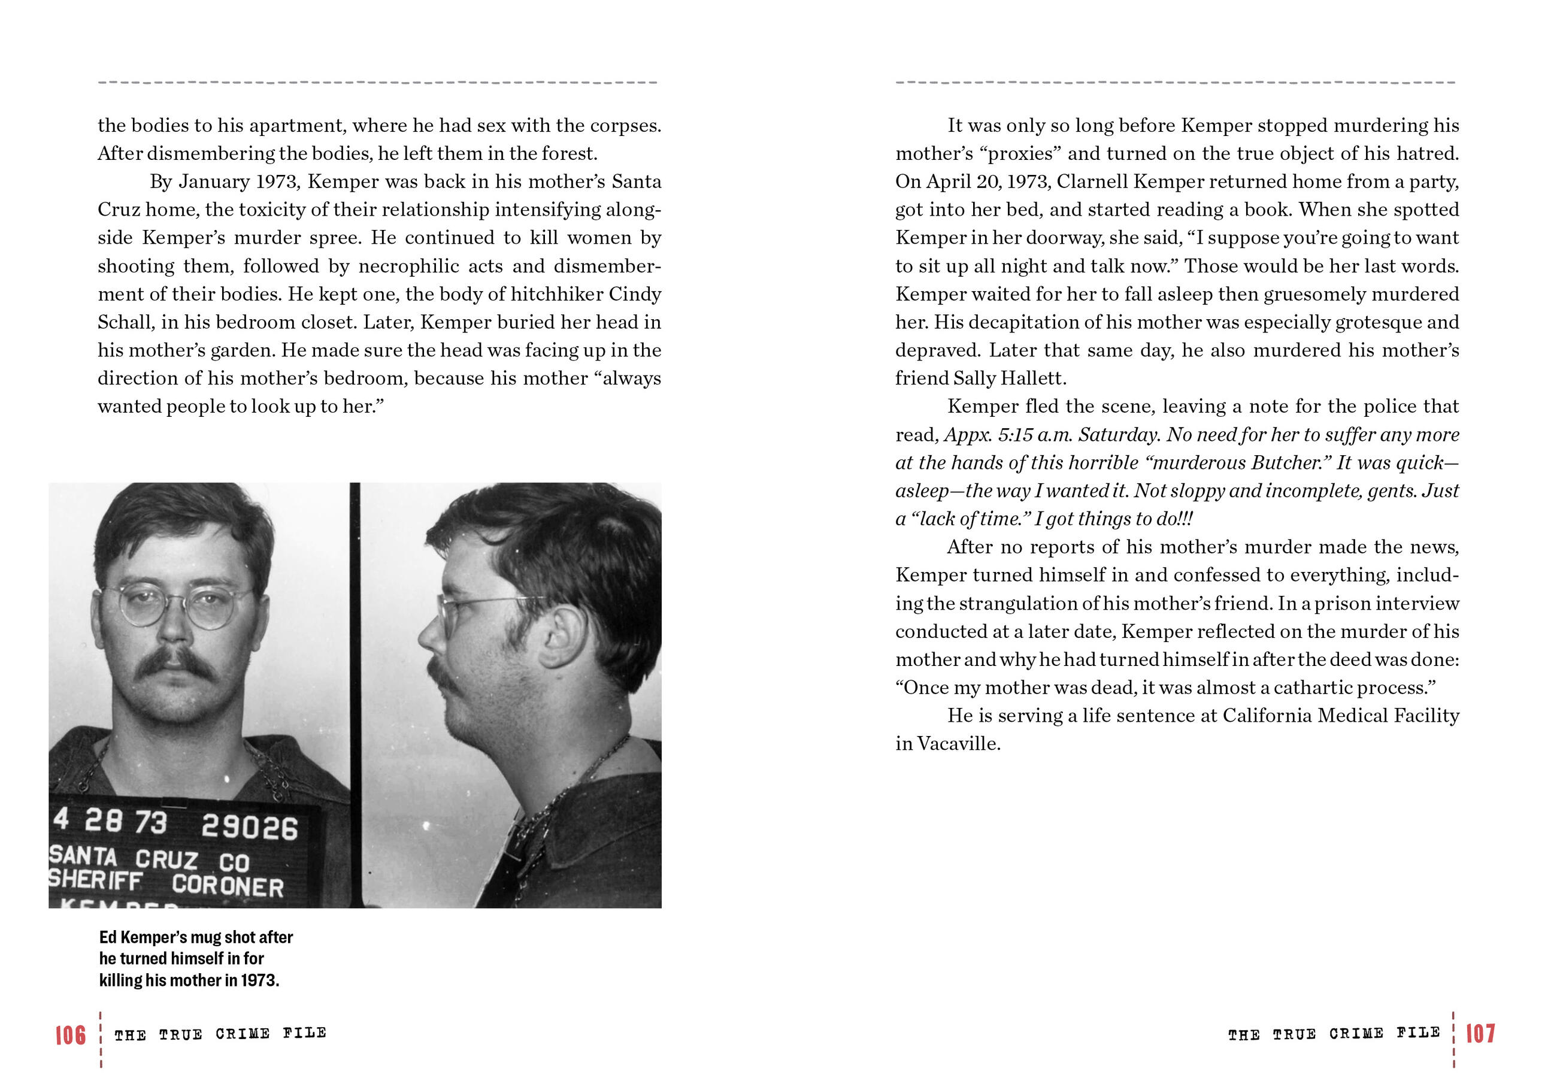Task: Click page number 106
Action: point(71,1035)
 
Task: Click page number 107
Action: point(1480,1034)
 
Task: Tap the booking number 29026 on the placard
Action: point(250,827)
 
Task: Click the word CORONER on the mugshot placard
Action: point(228,886)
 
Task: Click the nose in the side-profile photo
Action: point(429,634)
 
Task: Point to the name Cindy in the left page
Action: point(635,295)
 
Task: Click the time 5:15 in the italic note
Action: point(1015,435)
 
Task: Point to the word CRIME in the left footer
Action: point(243,1034)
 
